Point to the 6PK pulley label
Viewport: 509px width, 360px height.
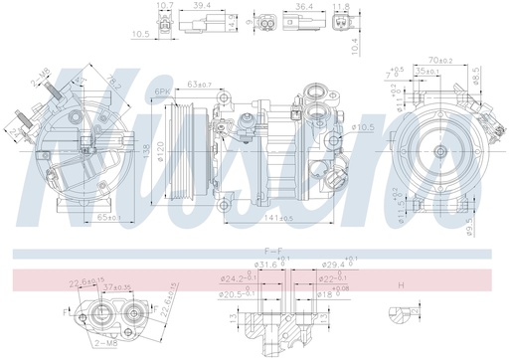click(x=163, y=92)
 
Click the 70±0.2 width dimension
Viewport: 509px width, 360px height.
click(x=440, y=61)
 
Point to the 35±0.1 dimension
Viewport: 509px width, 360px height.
click(x=429, y=73)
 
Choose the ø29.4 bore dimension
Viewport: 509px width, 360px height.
click(x=333, y=265)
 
